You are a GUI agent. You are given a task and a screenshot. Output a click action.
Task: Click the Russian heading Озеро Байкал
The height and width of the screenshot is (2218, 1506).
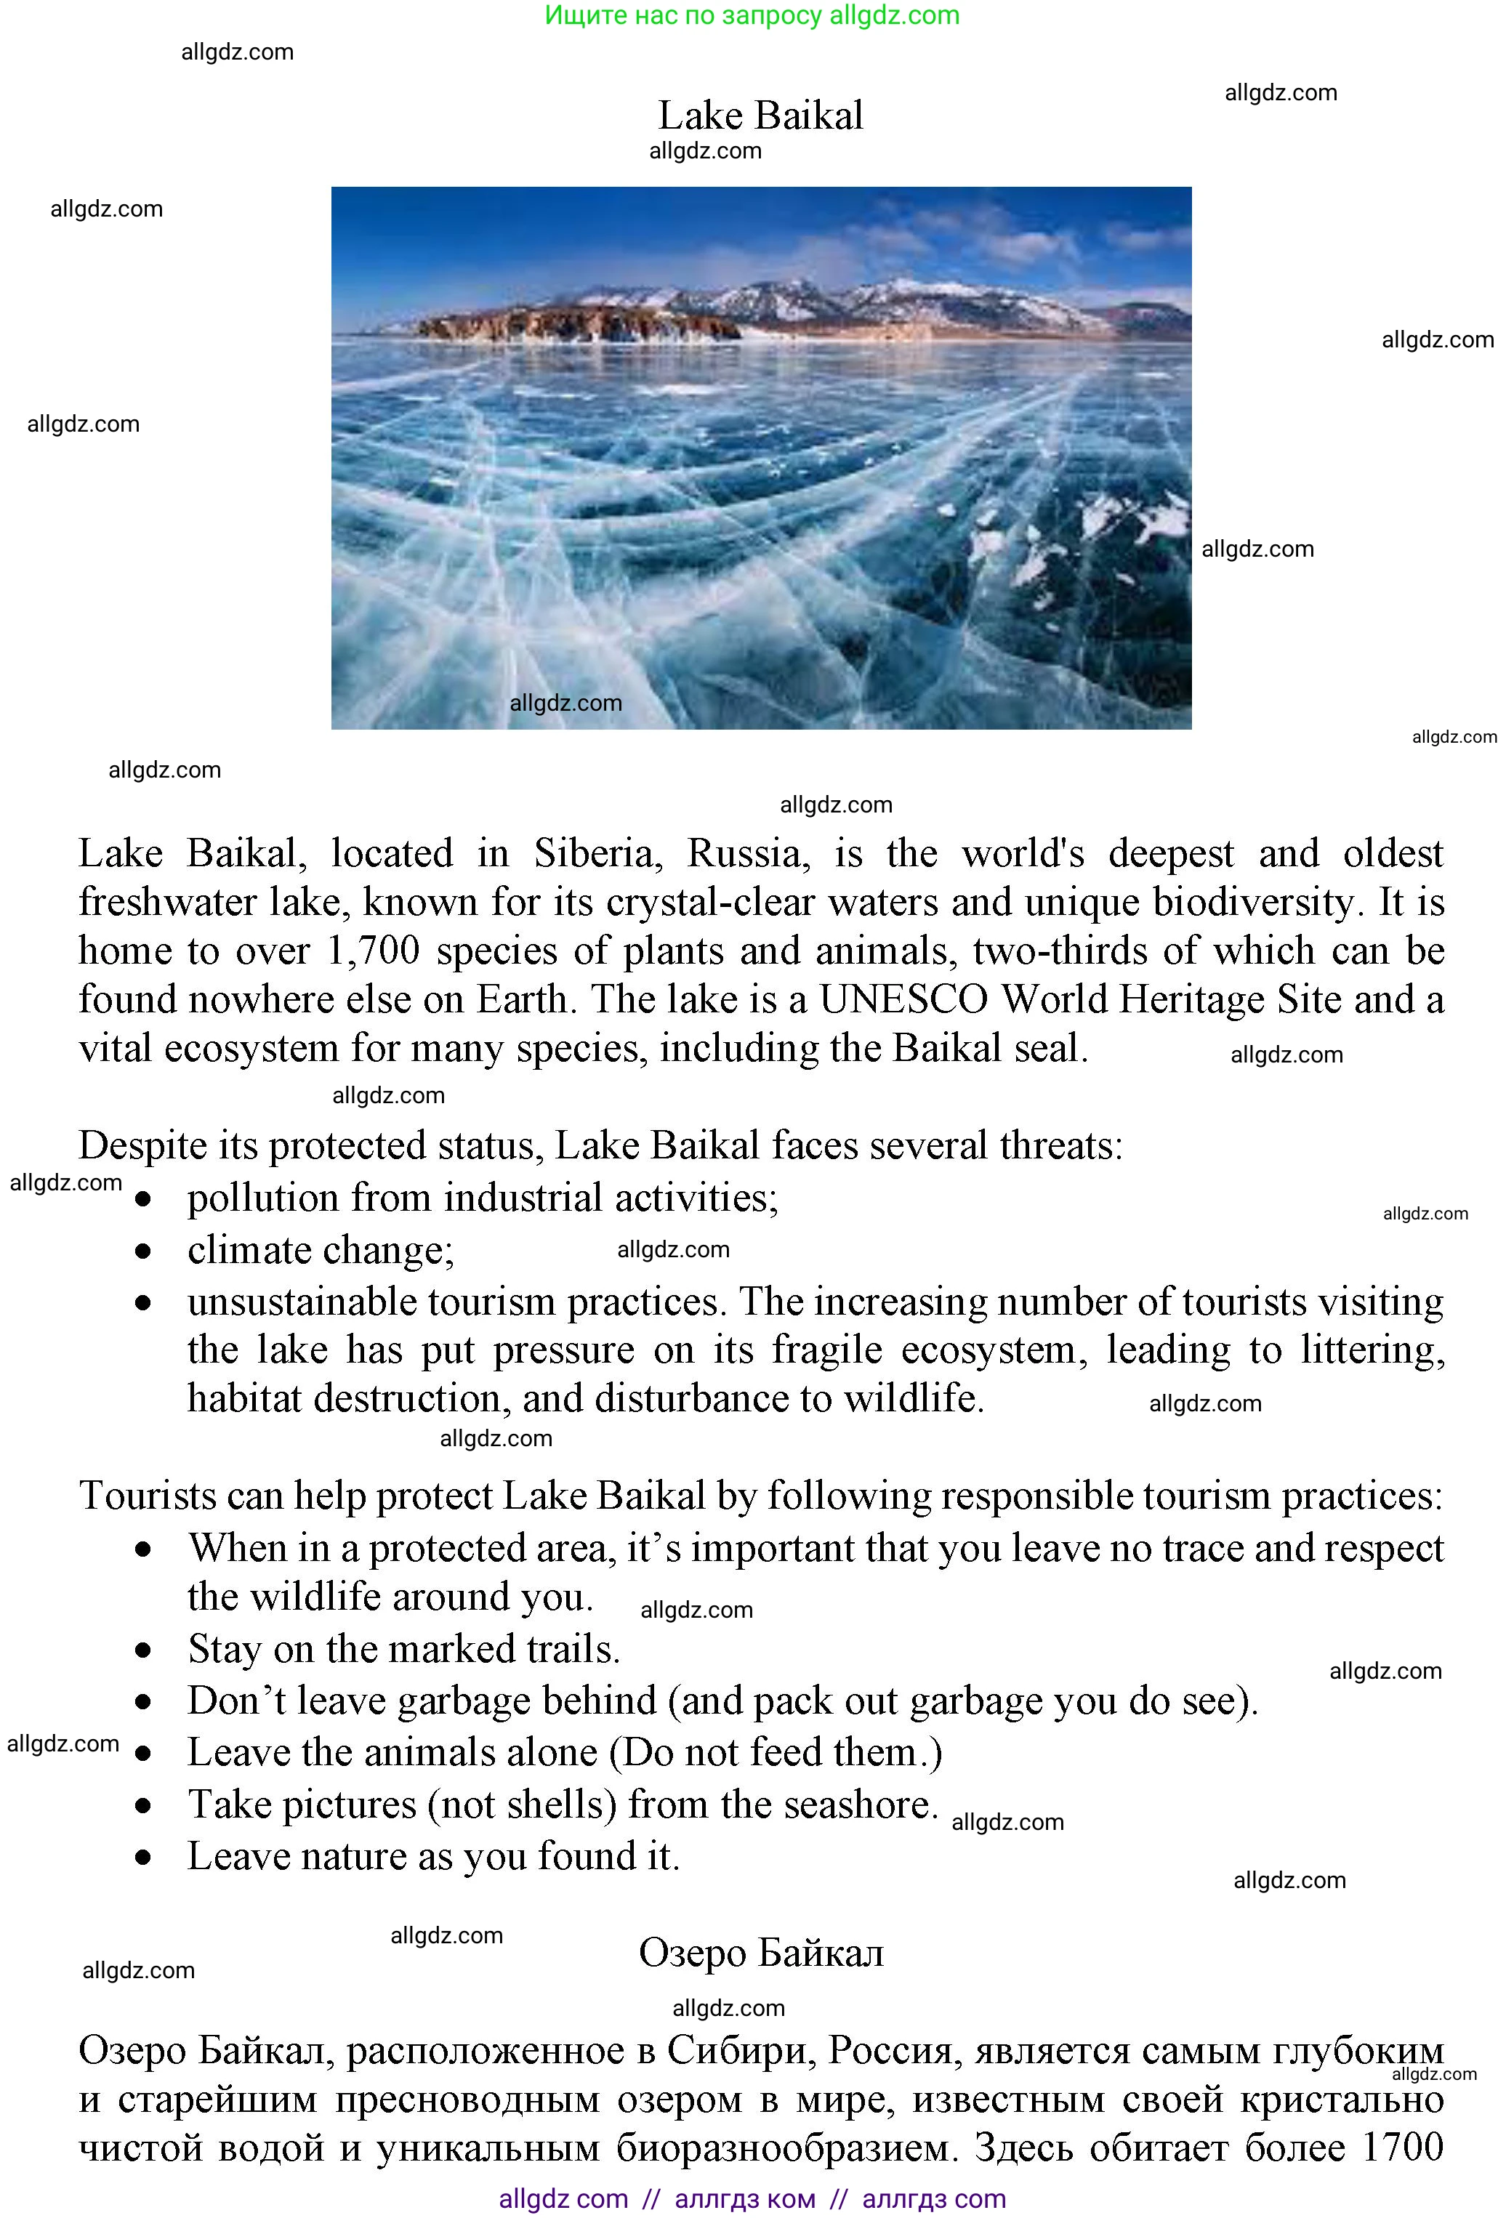point(761,1952)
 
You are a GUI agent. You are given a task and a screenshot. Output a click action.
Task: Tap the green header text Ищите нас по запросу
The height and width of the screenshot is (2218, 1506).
point(683,15)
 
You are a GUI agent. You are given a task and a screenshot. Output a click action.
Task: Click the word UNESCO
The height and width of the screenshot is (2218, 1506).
point(903,1000)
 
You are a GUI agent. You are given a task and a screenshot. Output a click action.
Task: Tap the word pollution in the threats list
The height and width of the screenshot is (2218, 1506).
point(262,1198)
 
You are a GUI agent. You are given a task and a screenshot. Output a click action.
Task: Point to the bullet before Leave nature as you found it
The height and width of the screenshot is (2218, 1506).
point(143,1858)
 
